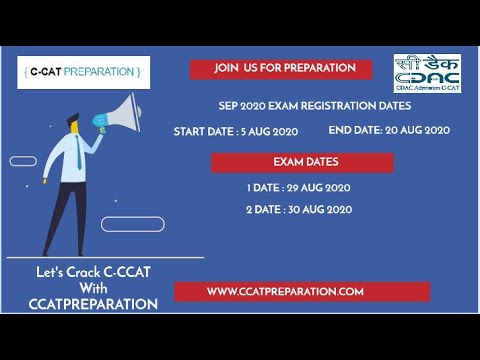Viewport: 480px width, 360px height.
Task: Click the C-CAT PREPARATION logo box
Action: pyautogui.click(x=83, y=72)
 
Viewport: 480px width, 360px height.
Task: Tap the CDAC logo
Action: pyautogui.click(x=427, y=73)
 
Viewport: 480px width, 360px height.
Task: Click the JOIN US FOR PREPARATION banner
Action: pyautogui.click(x=284, y=68)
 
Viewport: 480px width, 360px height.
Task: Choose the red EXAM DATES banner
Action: pyautogui.click(x=305, y=161)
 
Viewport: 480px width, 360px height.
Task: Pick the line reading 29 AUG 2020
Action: pyautogui.click(x=298, y=187)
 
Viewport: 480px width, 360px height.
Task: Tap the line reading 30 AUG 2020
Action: pyautogui.click(x=298, y=210)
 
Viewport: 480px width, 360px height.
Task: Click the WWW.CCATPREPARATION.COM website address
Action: pyautogui.click(x=285, y=291)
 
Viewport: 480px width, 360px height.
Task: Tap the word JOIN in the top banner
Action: pyautogui.click(x=226, y=68)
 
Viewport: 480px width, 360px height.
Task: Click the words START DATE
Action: pyautogui.click(x=203, y=131)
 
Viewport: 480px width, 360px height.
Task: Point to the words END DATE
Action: pyautogui.click(x=354, y=130)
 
